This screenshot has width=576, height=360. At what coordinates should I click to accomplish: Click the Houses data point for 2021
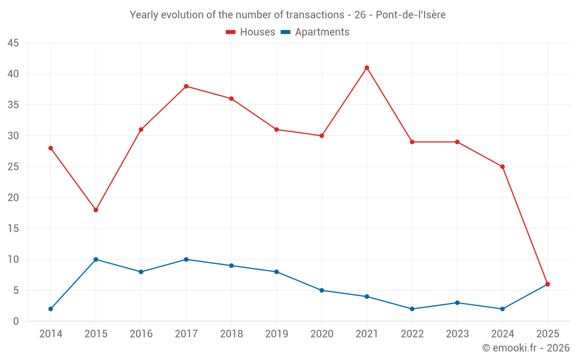coord(367,68)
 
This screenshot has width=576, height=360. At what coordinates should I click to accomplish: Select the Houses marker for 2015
coord(96,210)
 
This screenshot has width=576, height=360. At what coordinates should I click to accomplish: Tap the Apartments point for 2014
coord(51,309)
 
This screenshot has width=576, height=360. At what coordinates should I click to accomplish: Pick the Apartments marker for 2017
coord(186,259)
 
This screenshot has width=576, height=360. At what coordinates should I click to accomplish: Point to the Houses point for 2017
coord(186,86)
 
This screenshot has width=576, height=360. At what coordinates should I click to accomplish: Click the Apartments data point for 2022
coord(412,309)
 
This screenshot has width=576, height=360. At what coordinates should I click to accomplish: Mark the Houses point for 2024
coord(502,166)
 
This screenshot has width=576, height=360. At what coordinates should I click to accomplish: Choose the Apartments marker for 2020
coord(321,290)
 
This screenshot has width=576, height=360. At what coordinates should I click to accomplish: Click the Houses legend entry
coord(251,32)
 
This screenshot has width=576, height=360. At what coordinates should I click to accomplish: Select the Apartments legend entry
coord(315,32)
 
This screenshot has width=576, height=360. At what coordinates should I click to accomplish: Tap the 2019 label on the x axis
coord(276,334)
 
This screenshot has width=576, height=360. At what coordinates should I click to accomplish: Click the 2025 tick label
coord(547,334)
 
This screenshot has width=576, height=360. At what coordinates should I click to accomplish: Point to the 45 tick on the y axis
coord(13,43)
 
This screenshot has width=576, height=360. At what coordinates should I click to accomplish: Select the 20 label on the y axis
coord(13,198)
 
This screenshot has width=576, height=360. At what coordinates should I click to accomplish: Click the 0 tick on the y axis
coord(16,321)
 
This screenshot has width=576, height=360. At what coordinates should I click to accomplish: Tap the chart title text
coord(288,15)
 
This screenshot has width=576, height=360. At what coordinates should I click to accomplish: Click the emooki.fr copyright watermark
coord(526,348)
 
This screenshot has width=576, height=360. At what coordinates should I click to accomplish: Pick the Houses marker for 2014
coord(51,148)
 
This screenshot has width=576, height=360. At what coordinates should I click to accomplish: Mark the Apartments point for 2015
coord(96,259)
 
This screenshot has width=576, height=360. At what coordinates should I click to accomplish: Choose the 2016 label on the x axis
coord(141,334)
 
